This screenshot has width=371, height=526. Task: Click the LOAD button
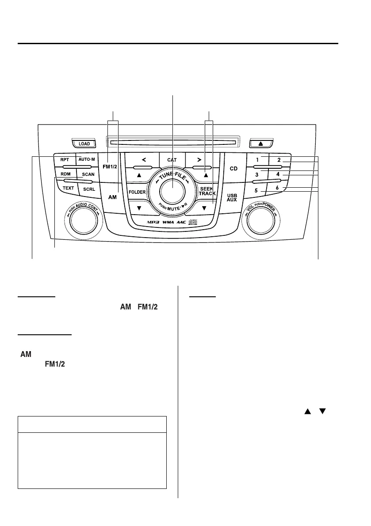84,144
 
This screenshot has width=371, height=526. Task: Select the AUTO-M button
86,159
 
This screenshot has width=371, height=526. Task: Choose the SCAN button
88,174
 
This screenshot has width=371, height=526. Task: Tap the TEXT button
68,188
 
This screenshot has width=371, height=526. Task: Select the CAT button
172,159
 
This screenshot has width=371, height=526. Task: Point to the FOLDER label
138,193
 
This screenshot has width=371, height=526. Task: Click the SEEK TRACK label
207,191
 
